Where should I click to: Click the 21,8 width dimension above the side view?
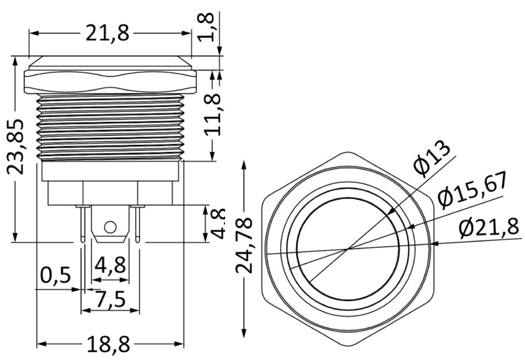coord(107,33)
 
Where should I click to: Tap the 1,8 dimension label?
coord(207,27)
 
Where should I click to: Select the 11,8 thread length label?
coord(212,113)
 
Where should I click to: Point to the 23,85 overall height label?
coord(15,146)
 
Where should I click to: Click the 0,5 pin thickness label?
coord(56,275)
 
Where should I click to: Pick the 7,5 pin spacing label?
coord(110,299)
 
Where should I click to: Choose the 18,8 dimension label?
coord(108,344)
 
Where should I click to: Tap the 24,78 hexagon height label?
coord(243,245)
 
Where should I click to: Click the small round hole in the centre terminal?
coord(110,227)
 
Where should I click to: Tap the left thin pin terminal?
coord(83,224)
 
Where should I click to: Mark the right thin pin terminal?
coord(137,224)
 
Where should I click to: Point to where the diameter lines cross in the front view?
coord(348,249)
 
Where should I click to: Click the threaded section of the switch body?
coord(110,127)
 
